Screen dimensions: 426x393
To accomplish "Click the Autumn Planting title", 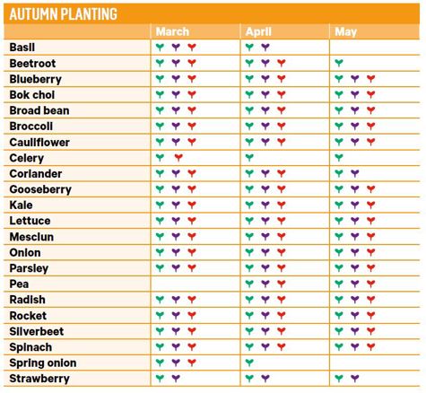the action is coord(64,13).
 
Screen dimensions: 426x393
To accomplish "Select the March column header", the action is coord(172,31).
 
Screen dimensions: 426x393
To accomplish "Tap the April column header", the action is coord(258,31).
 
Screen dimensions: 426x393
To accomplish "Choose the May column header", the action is coord(345,31).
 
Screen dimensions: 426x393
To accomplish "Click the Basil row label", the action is coord(22,48).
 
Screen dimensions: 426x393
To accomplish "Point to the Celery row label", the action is coord(27,158).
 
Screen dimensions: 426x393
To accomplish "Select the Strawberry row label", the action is coord(39,379).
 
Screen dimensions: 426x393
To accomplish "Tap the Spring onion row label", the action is coord(43,362).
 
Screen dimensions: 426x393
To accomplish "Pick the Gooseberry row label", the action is coord(40,189).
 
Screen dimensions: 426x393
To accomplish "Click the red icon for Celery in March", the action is coord(178,157).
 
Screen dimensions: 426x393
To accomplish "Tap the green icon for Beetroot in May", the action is coord(339,63).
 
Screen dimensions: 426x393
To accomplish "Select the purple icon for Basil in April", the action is coord(265,47).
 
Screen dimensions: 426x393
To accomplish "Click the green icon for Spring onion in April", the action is coord(249,362).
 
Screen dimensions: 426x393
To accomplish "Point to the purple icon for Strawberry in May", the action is coord(355,378).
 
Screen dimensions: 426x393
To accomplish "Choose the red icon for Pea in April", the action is coord(282,284).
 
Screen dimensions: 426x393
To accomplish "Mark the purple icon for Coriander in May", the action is coord(355,173).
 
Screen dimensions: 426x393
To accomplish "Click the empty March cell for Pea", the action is coord(196,284).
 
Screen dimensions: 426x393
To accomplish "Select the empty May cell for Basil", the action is coord(374,48).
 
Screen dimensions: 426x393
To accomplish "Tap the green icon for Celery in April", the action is coord(249,157).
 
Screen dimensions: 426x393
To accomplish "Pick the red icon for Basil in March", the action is coord(192,47).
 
